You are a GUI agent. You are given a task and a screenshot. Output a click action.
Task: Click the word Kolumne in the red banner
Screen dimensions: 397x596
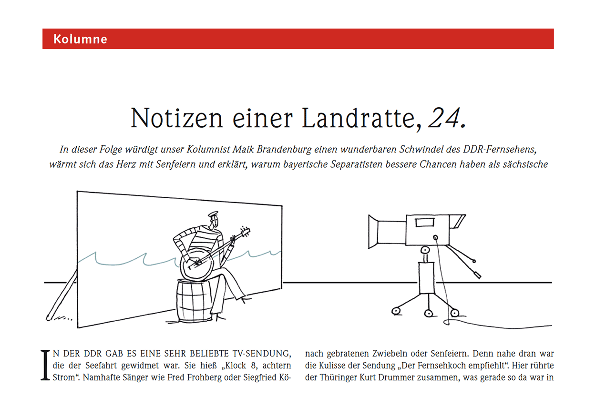(80, 39)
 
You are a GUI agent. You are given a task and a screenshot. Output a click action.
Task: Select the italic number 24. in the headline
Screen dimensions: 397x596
(447, 118)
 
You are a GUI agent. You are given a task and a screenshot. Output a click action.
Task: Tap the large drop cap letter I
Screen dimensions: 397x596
(45, 366)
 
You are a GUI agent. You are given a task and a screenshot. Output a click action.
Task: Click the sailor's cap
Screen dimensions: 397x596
(213, 214)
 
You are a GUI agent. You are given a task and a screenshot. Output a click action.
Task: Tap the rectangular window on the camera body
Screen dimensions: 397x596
(422, 222)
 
